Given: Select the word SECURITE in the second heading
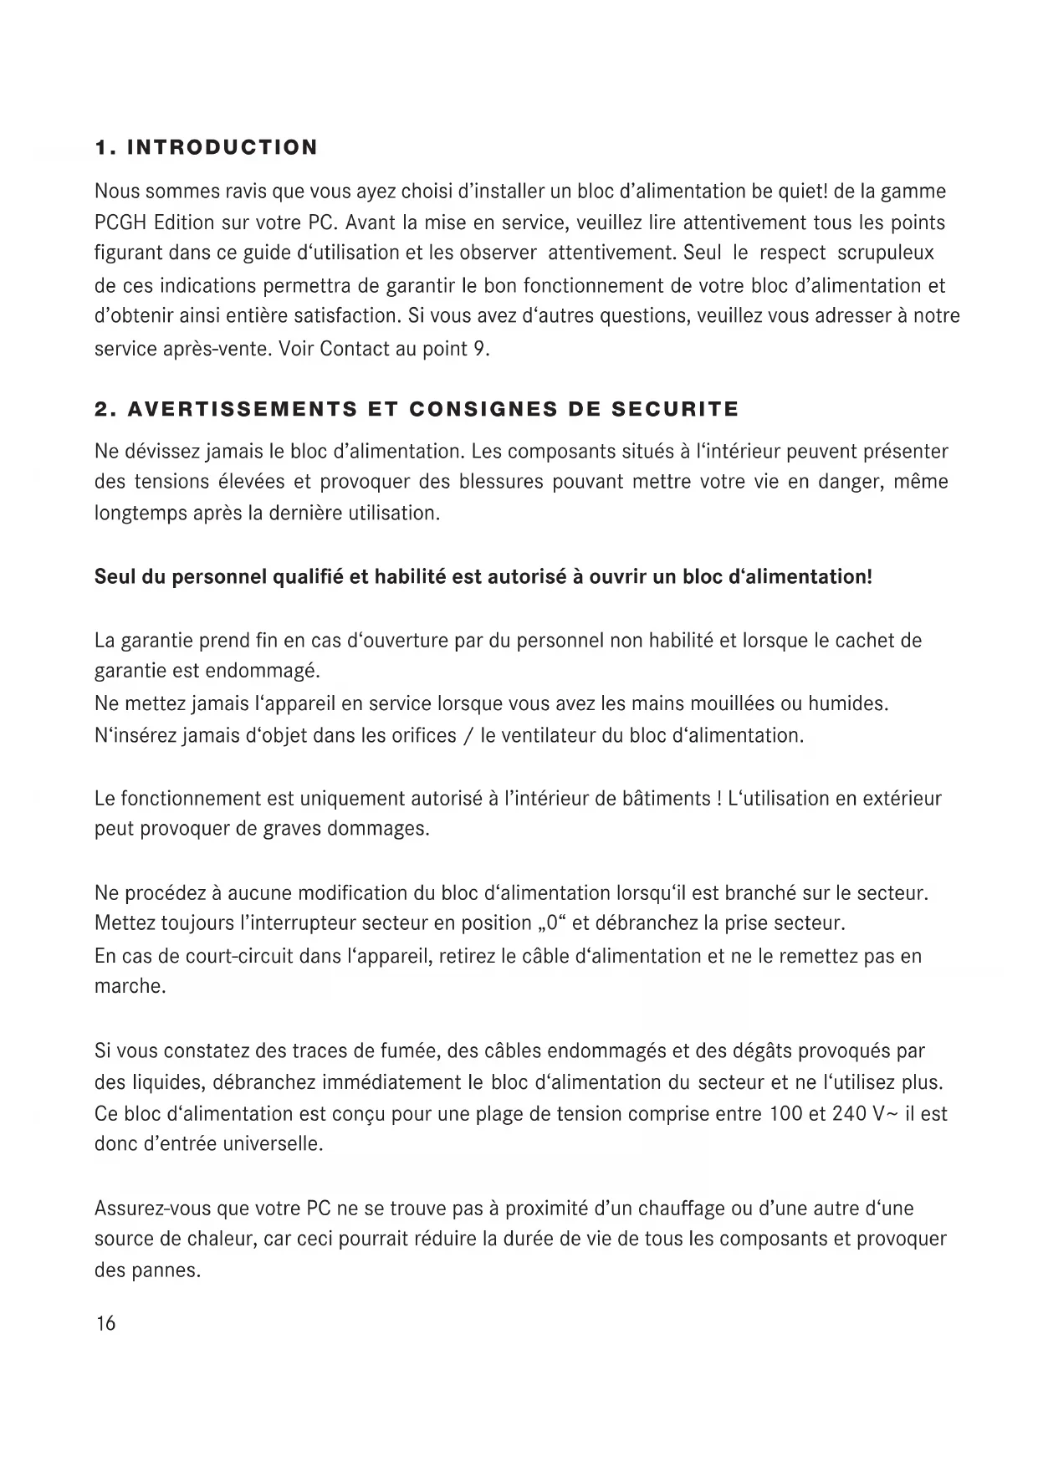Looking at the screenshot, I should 676,410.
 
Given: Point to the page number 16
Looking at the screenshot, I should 106,1324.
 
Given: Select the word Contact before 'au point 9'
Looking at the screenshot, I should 355,349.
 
